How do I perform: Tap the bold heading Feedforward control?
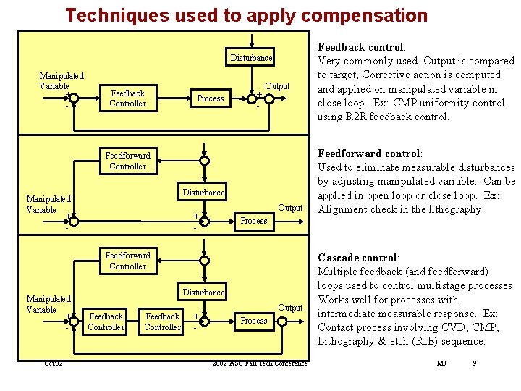point(370,154)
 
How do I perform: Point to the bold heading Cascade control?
point(357,258)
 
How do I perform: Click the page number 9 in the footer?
point(474,363)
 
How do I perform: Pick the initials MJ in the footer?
point(441,363)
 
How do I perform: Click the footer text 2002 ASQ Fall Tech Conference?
point(260,363)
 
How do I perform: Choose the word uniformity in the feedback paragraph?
point(445,103)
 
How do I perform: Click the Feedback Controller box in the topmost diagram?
point(127,98)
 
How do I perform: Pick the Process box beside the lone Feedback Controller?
point(211,98)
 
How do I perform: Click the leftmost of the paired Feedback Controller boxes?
point(106,321)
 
